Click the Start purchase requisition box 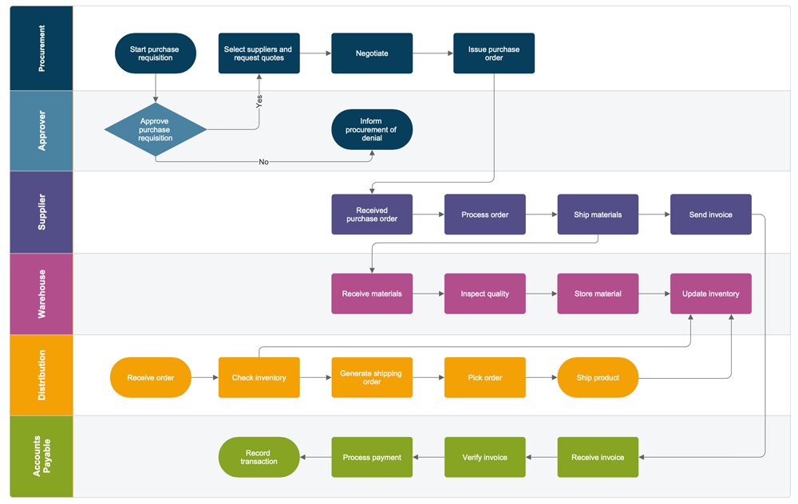(x=155, y=53)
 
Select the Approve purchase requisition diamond (x=155, y=129)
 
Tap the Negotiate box (x=372, y=53)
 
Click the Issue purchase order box (x=494, y=53)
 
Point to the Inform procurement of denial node (x=372, y=129)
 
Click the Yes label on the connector (x=259, y=101)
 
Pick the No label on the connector (x=263, y=162)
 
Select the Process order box (x=484, y=215)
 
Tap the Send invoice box (x=710, y=215)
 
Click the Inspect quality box (x=484, y=293)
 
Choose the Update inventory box (x=710, y=293)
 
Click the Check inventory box (x=259, y=377)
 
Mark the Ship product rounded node (x=598, y=377)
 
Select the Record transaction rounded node (x=259, y=457)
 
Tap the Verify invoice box (x=484, y=457)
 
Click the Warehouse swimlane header (x=41, y=293)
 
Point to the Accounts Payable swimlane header (x=41, y=457)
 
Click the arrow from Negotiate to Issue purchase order (x=433, y=53)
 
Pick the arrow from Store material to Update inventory (x=654, y=293)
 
